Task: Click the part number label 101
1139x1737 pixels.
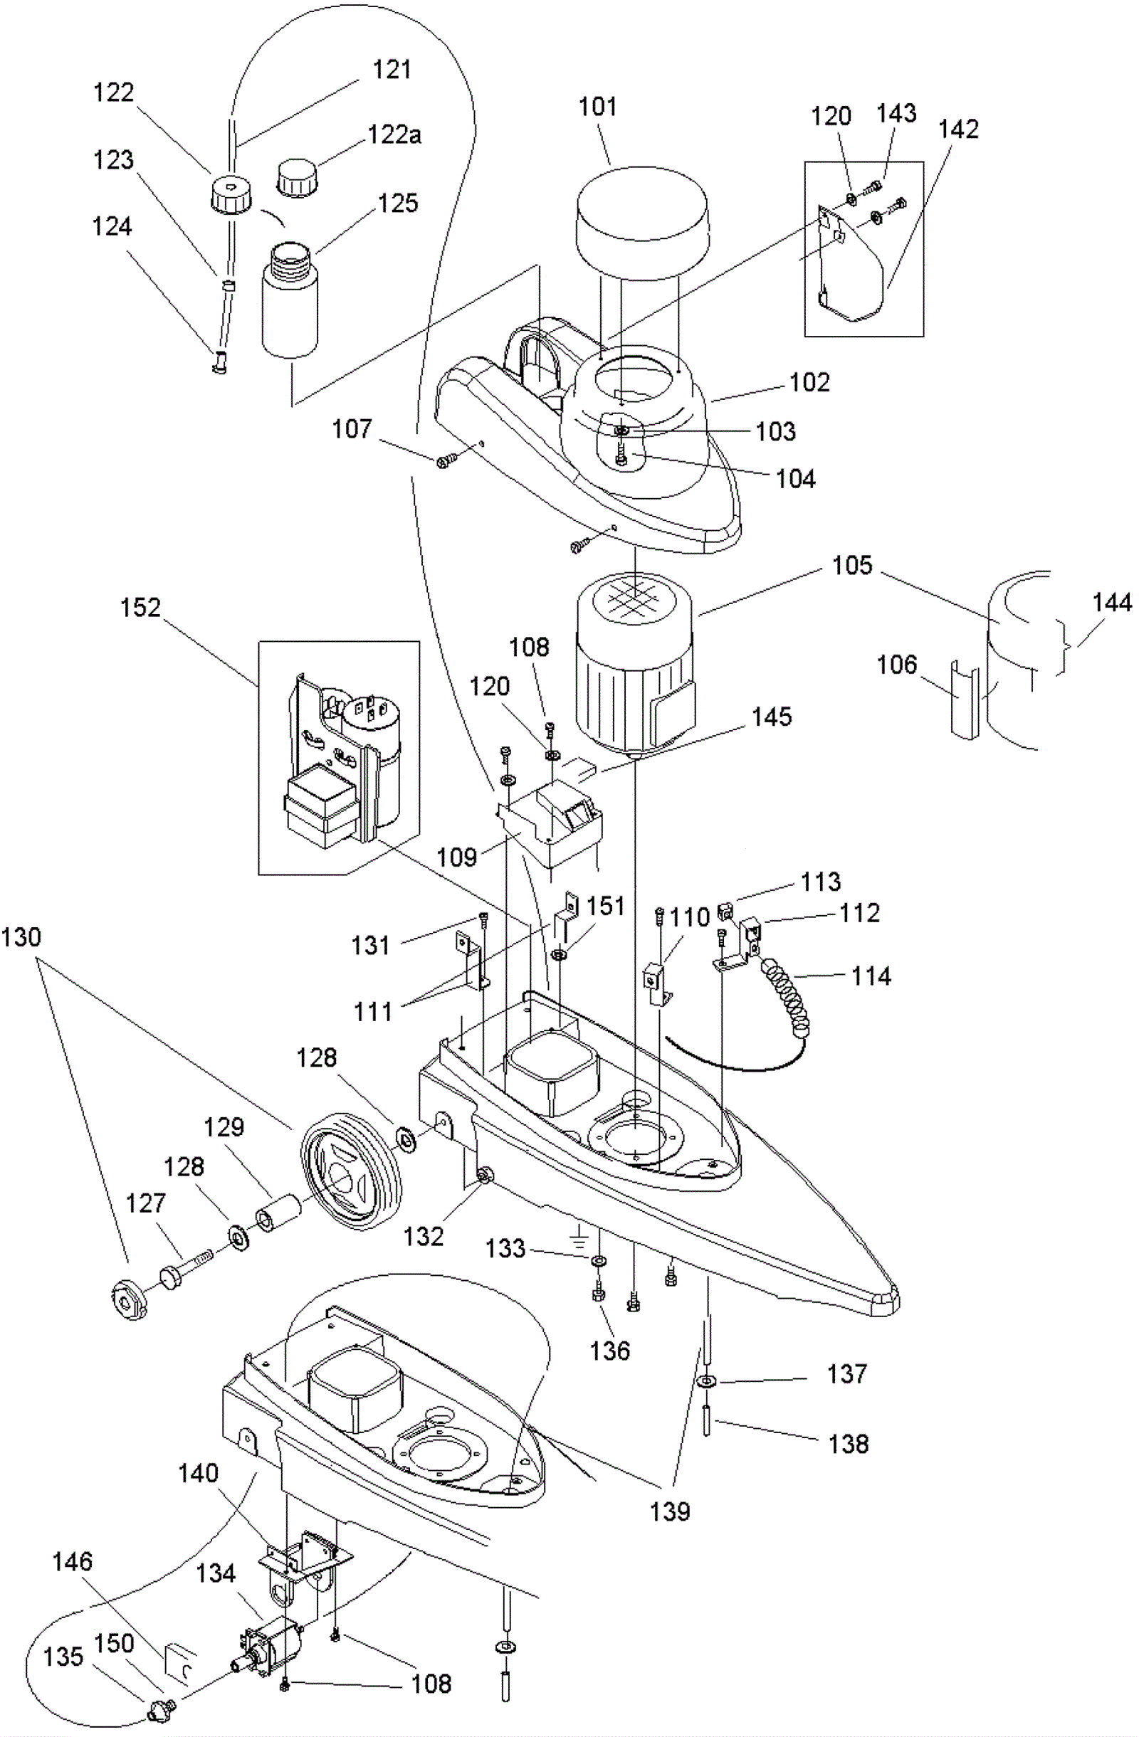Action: coord(597,107)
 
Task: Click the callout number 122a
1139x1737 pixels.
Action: coord(394,135)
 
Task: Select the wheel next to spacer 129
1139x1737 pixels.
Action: coord(351,1171)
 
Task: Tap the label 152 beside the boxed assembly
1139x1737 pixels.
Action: coord(140,608)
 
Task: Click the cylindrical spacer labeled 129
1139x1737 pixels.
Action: coord(278,1213)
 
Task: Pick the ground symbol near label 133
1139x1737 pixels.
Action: coord(579,1235)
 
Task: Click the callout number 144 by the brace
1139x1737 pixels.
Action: coord(1111,603)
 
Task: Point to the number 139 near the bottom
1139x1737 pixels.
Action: coord(670,1511)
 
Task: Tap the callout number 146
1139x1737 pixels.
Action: coord(73,1563)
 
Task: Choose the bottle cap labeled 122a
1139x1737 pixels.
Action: coord(298,178)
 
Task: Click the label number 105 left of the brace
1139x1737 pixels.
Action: coord(852,566)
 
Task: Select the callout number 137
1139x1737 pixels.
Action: coord(846,1374)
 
